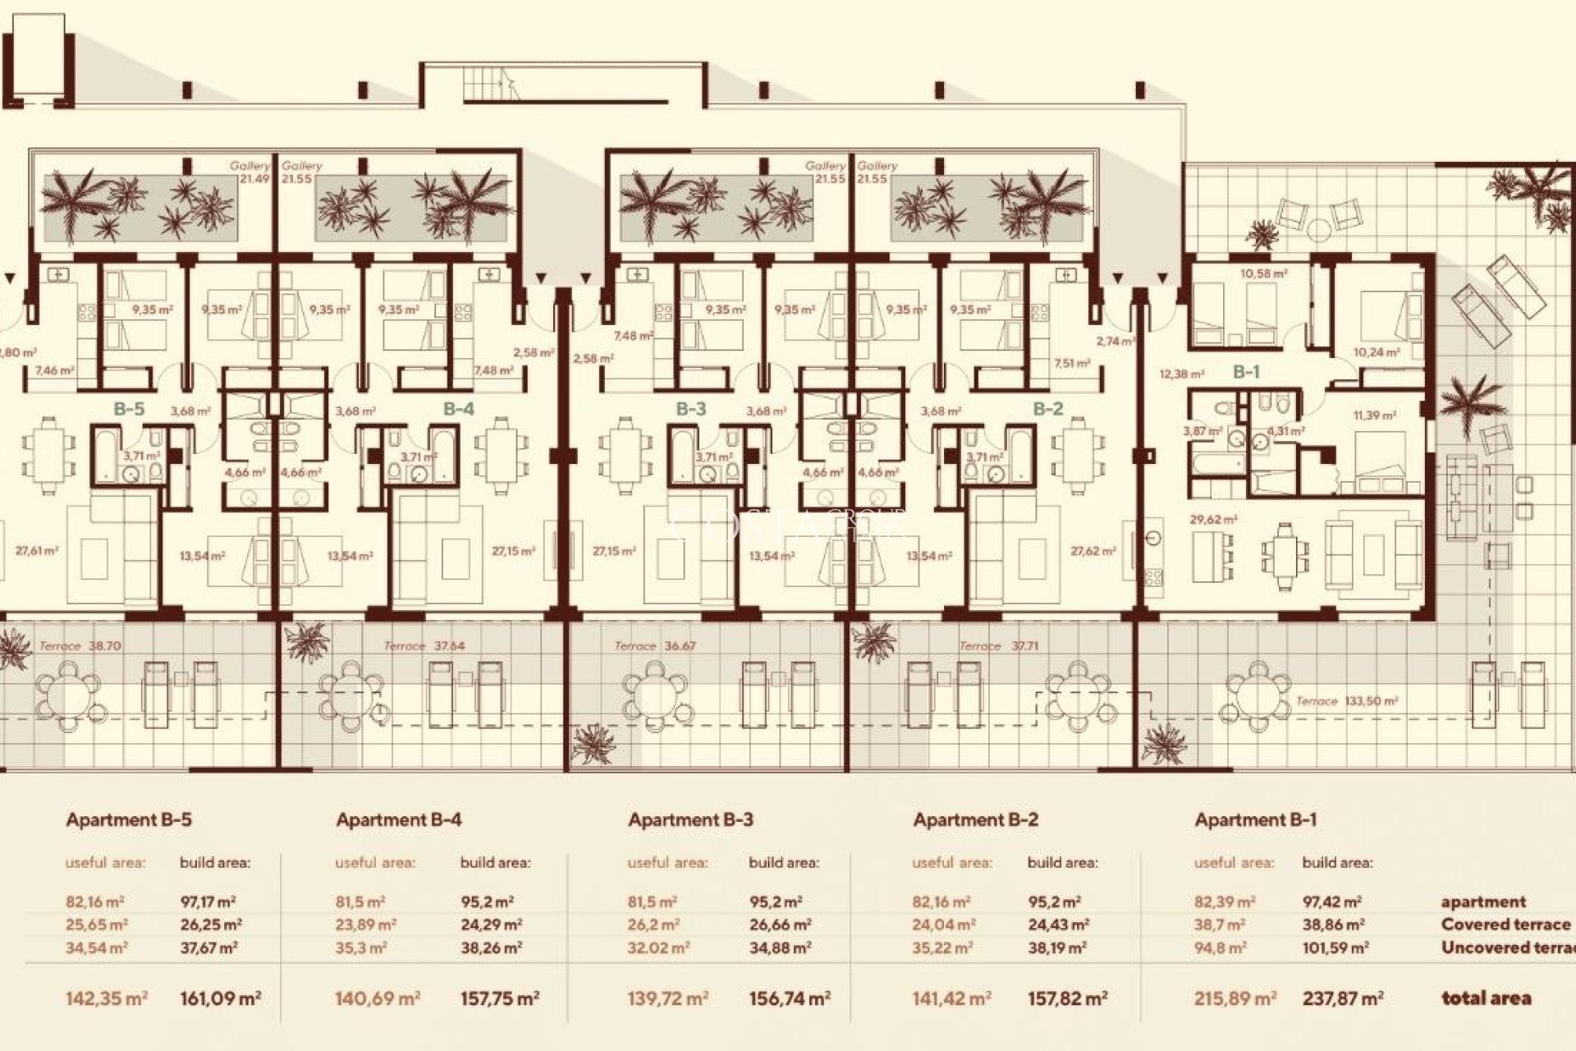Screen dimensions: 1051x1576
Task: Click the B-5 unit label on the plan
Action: tap(129, 408)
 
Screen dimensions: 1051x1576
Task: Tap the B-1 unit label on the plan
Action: tap(1246, 372)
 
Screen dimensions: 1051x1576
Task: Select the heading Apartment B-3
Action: tap(690, 819)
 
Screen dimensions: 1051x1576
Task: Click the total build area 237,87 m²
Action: tap(1343, 998)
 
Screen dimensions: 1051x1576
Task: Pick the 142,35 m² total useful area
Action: tap(106, 998)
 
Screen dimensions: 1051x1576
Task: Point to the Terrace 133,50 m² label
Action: tap(1346, 701)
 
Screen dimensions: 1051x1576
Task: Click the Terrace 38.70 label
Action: tap(80, 646)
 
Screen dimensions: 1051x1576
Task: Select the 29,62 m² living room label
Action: tap(1213, 520)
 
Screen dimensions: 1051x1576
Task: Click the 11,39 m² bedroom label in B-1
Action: tap(1374, 416)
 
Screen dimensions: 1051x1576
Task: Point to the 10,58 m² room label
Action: tap(1263, 273)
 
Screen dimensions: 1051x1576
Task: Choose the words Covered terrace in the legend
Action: tap(1505, 925)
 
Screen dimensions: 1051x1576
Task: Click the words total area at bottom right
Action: tap(1486, 998)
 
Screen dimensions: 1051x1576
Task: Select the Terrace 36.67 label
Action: tap(655, 646)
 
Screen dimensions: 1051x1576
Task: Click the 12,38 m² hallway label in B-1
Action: tap(1181, 374)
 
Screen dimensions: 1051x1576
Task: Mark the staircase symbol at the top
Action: tap(491, 83)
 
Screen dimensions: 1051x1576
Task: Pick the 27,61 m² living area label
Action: tap(37, 551)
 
